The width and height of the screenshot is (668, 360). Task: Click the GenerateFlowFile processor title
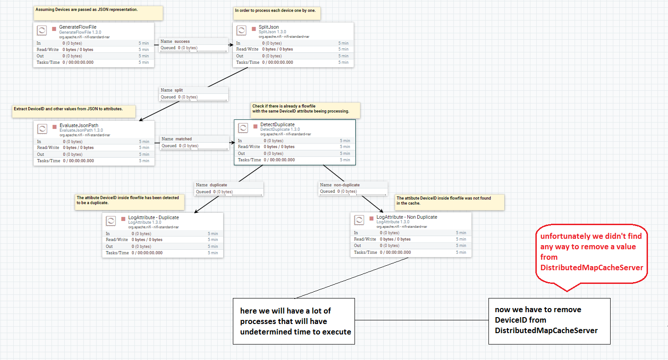(x=77, y=27)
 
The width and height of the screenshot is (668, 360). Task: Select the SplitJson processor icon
(x=242, y=31)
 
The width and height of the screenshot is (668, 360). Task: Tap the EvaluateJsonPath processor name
(x=79, y=126)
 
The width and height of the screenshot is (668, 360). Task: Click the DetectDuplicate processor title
(x=277, y=124)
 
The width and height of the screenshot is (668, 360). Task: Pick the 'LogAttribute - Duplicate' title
(x=153, y=217)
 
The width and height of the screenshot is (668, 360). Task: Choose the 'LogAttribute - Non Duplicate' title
(x=406, y=217)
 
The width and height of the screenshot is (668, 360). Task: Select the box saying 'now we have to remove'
(x=549, y=321)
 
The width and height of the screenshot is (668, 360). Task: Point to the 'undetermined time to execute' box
(x=294, y=321)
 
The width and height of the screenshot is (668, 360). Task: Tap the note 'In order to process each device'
(x=277, y=13)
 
